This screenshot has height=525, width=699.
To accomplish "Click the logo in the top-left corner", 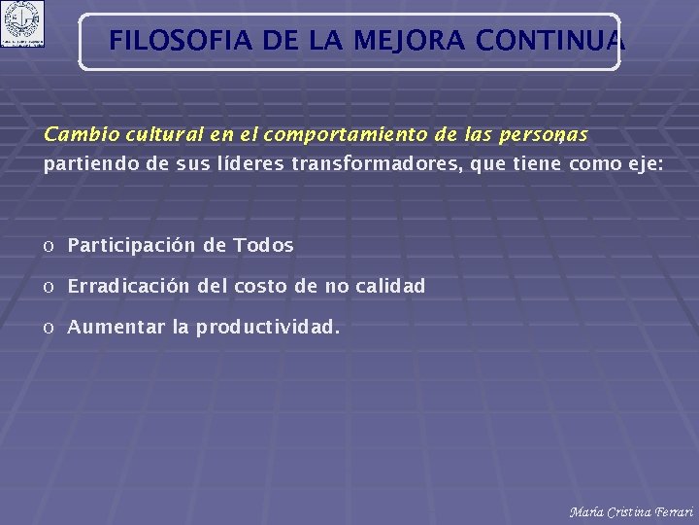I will coord(22,24).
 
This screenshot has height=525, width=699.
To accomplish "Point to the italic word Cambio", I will coord(75,133).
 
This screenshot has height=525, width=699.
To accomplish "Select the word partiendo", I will coord(89,164).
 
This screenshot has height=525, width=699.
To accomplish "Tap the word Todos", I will coord(263,246).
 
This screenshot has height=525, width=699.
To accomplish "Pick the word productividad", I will coord(268,328).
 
